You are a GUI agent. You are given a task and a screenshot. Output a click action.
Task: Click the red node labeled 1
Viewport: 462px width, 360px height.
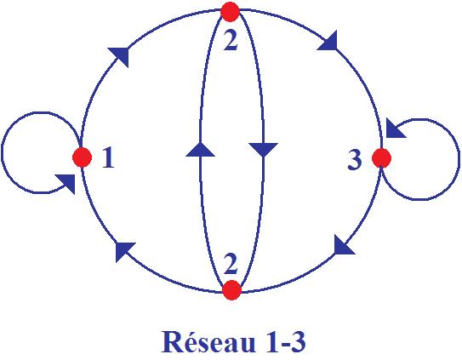pyautogui.click(x=82, y=157)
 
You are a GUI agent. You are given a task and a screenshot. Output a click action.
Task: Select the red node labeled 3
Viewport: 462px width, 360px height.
pyautogui.click(x=381, y=158)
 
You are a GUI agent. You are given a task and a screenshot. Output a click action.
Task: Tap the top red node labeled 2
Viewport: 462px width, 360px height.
pyautogui.click(x=230, y=12)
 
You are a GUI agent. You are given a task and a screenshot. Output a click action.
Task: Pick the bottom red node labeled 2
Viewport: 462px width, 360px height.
pyautogui.click(x=232, y=290)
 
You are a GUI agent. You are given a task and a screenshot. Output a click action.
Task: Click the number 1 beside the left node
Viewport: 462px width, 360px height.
pyautogui.click(x=108, y=157)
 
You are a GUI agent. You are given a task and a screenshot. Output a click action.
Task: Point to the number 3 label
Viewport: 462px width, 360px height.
pyautogui.click(x=355, y=159)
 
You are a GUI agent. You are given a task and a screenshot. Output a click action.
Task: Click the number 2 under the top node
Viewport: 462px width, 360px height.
pyautogui.click(x=231, y=40)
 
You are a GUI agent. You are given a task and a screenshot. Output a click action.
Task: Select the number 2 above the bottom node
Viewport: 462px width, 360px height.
pyautogui.click(x=231, y=263)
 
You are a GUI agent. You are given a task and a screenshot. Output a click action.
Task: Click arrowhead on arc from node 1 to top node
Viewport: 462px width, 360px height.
pyautogui.click(x=120, y=55)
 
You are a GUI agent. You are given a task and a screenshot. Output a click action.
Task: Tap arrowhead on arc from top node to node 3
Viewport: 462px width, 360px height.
pyautogui.click(x=328, y=41)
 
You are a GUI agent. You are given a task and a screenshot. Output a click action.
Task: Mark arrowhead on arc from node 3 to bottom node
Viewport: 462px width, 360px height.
pyautogui.click(x=344, y=245)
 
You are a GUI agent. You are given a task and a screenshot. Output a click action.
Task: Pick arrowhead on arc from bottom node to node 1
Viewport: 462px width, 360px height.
pyautogui.click(x=124, y=251)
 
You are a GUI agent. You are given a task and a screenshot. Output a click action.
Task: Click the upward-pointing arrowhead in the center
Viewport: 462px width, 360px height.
pyautogui.click(x=200, y=149)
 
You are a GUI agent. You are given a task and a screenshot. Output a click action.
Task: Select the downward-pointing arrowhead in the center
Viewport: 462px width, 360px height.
pyautogui.click(x=263, y=150)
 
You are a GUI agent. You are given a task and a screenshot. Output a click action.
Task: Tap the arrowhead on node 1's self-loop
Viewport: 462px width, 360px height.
pyautogui.click(x=66, y=184)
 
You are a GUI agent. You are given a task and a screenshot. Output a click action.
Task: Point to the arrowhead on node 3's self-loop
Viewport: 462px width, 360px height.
pyautogui.click(x=396, y=129)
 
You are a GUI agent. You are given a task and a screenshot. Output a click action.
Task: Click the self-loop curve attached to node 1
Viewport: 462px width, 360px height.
pyautogui.click(x=2, y=152)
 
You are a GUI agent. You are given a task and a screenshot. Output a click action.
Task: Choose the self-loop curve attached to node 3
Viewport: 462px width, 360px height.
pyautogui.click(x=459, y=159)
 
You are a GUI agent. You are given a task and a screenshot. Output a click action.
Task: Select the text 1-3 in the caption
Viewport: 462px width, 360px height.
pyautogui.click(x=284, y=342)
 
